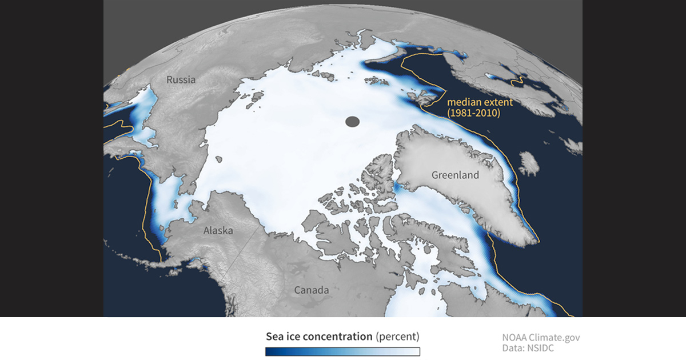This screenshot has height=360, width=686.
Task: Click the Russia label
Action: pyautogui.click(x=181, y=79)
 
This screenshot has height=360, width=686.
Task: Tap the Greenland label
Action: pyautogui.click(x=455, y=175)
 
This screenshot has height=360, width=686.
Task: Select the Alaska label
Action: pyautogui.click(x=218, y=231)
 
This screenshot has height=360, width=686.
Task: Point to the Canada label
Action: pyautogui.click(x=312, y=290)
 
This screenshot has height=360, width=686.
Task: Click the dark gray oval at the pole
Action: pyautogui.click(x=352, y=121)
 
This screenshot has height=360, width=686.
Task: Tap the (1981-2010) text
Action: pyautogui.click(x=474, y=113)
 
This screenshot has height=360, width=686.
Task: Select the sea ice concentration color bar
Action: pyautogui.click(x=335, y=351)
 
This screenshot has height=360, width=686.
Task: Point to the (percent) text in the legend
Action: pyautogui.click(x=398, y=336)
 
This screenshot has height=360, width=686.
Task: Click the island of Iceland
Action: pyautogui.click(x=530, y=163)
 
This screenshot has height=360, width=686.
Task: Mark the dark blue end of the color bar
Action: pyautogui.click(x=252, y=351)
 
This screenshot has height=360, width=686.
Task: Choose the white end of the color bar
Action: pyautogui.click(x=417, y=351)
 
